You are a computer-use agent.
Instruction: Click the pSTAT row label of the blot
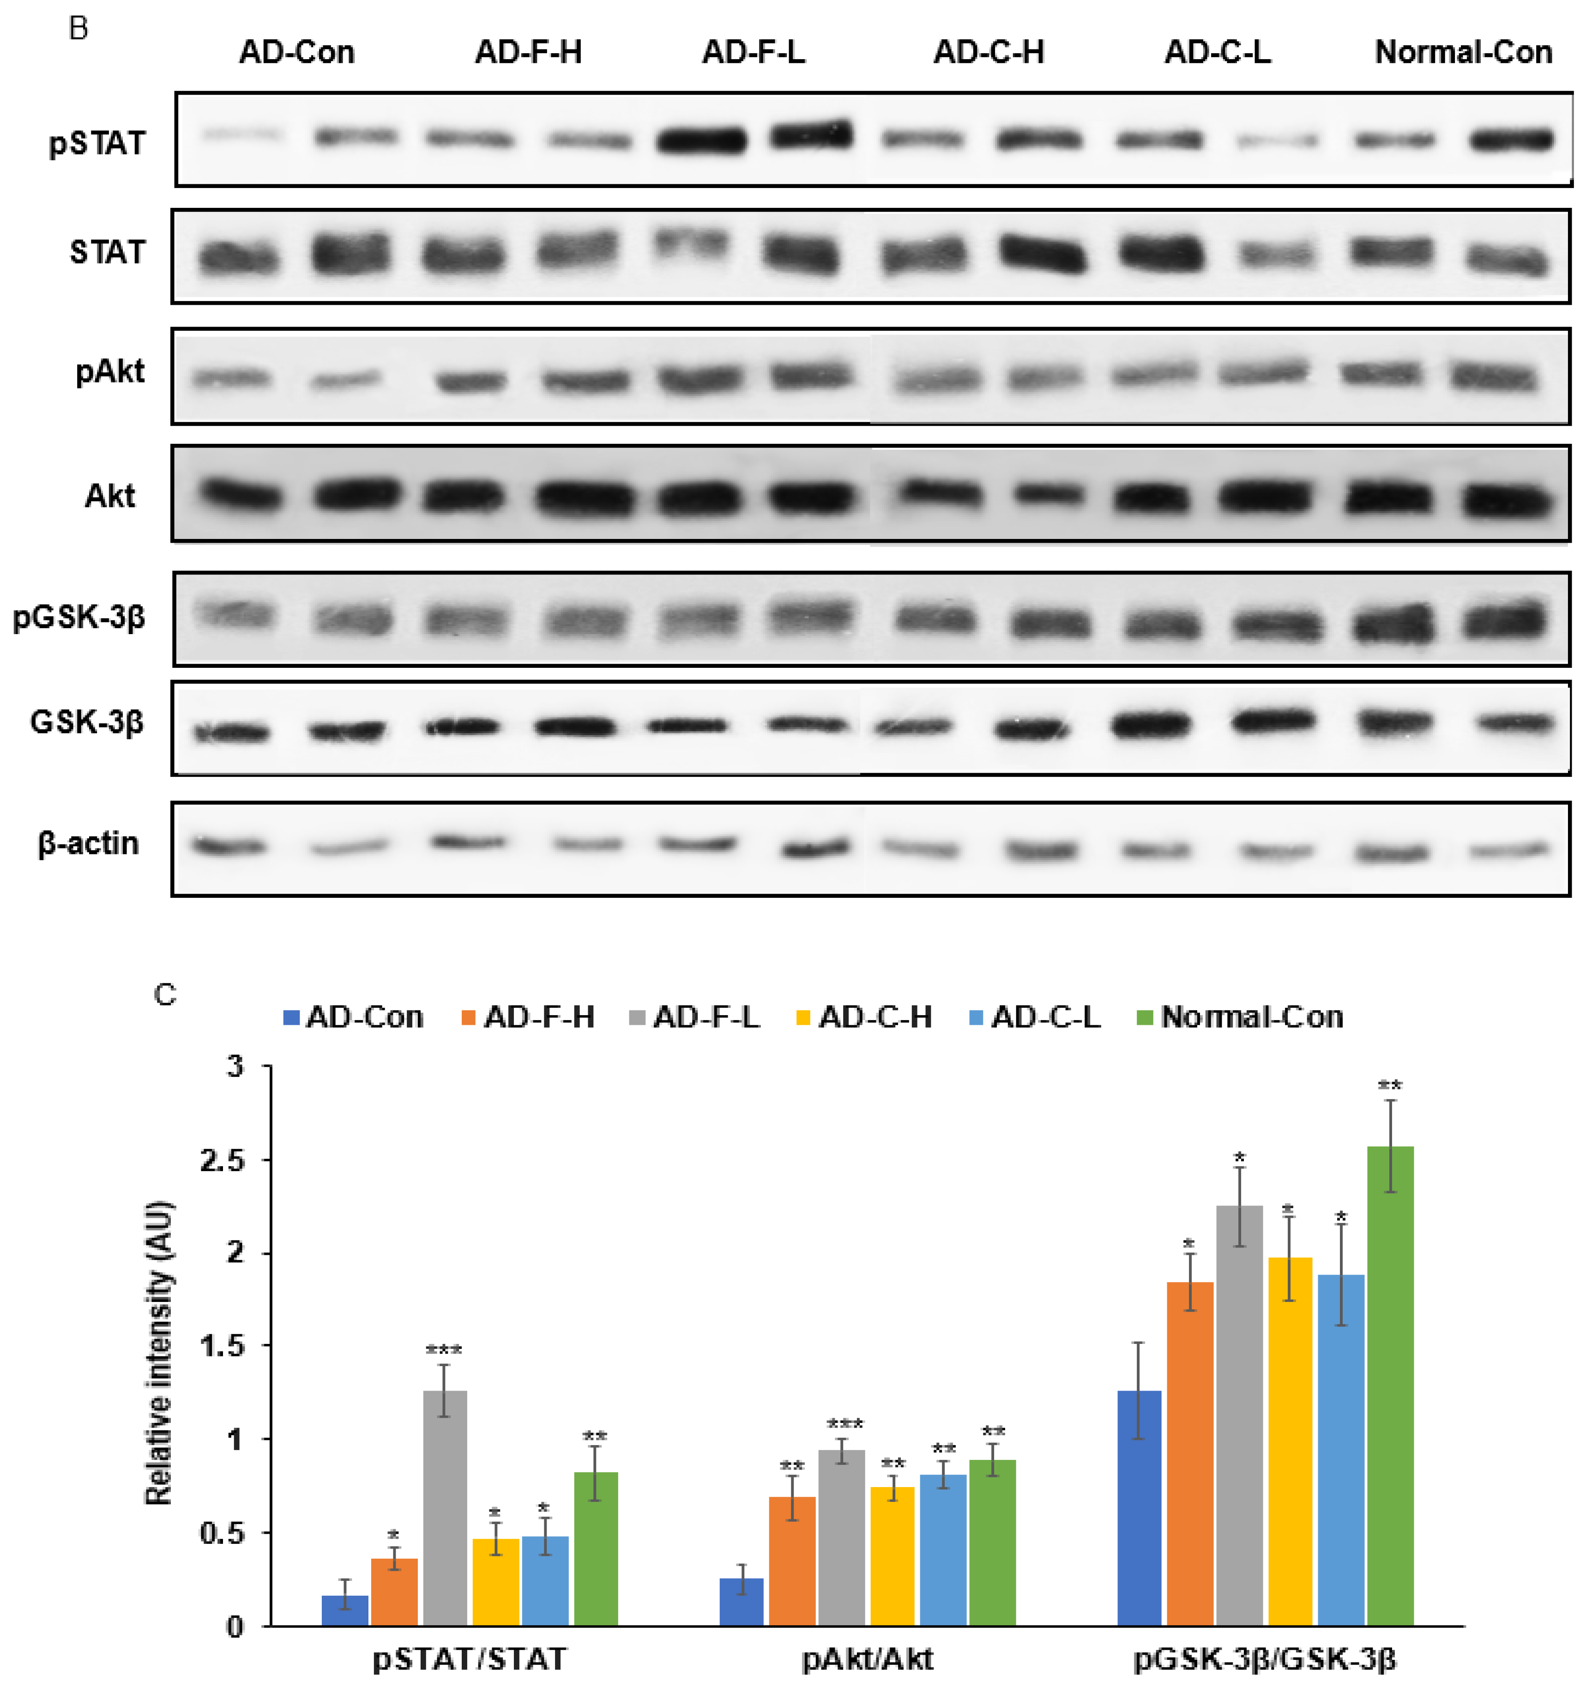point(97,143)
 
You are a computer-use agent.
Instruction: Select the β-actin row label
point(88,843)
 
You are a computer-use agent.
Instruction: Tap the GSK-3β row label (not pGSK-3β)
point(87,722)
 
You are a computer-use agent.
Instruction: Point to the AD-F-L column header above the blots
point(753,53)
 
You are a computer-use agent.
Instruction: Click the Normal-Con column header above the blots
point(1463,53)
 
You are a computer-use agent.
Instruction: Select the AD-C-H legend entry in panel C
point(874,1016)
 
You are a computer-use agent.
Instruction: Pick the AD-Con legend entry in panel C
point(363,1016)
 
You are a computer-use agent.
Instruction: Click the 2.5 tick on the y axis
point(223,1160)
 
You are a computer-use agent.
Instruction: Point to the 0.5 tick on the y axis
point(223,1533)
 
